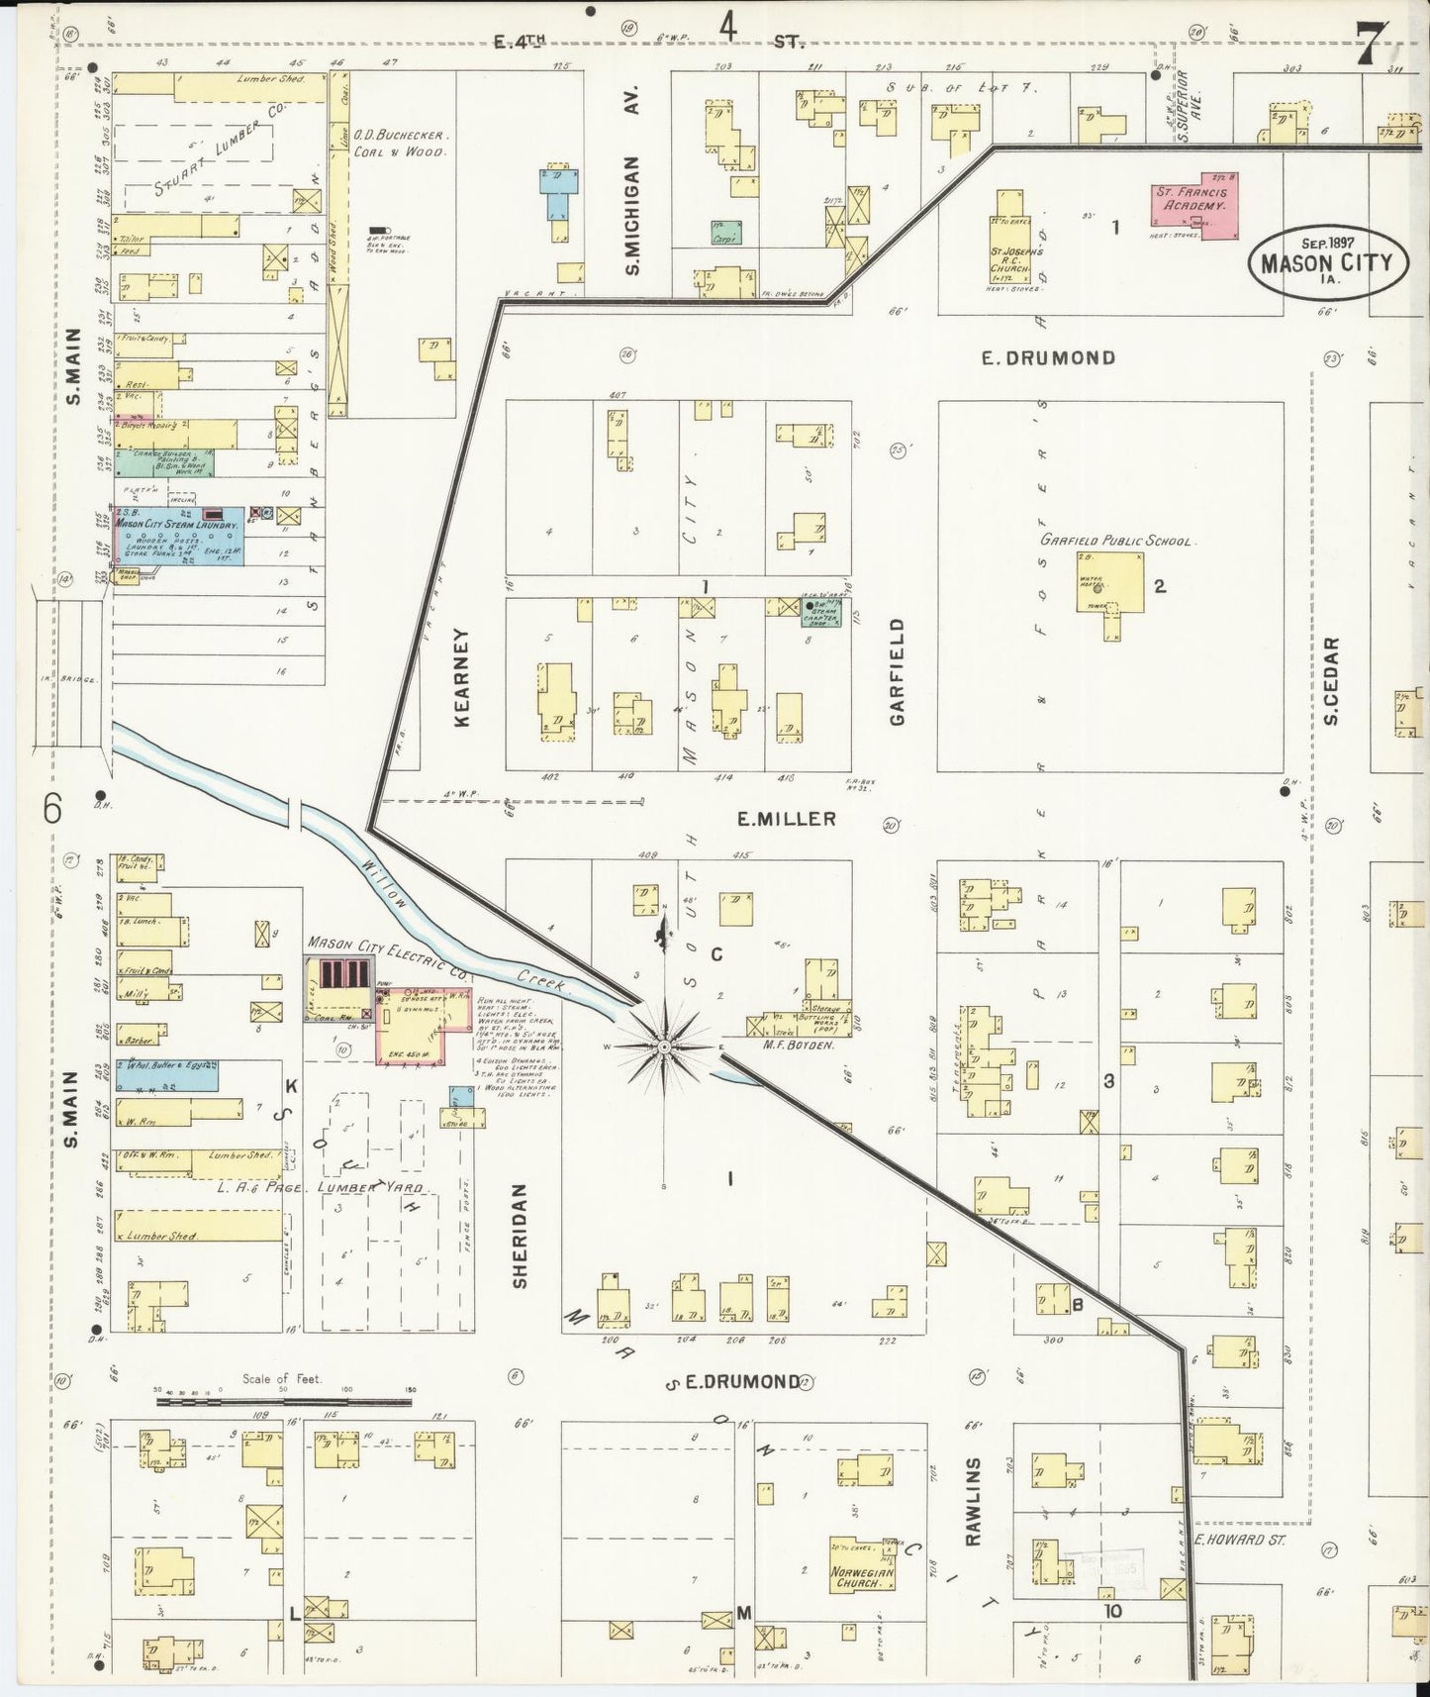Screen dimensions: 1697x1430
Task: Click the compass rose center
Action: click(x=664, y=1046)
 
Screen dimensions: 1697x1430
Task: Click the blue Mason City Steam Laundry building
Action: click(x=178, y=534)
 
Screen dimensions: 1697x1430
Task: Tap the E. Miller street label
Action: click(x=786, y=818)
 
